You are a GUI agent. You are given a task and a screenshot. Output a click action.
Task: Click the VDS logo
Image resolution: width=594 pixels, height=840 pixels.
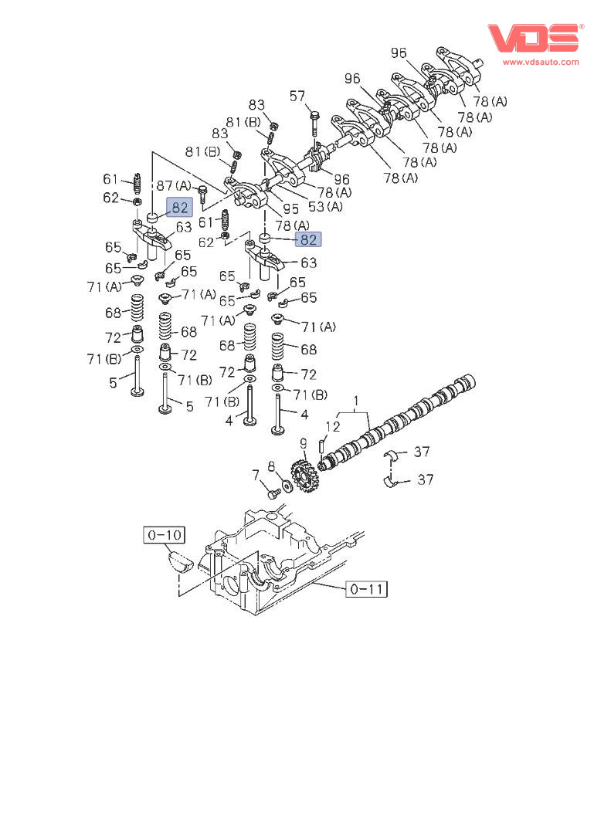tap(534, 38)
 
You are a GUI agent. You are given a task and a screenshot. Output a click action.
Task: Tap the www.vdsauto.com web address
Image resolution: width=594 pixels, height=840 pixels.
tap(541, 62)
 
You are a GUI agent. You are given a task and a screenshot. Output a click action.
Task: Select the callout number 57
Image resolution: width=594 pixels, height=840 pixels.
tap(297, 97)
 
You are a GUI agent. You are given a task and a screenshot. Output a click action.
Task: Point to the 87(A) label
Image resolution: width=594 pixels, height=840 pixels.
tap(174, 185)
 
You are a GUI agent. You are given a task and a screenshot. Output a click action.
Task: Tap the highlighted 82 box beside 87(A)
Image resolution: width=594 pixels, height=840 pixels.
tap(180, 207)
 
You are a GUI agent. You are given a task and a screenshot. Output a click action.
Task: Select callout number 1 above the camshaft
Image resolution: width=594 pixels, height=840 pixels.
tap(356, 401)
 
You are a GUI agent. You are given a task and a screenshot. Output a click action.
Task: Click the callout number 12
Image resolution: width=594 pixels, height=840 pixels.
tap(332, 426)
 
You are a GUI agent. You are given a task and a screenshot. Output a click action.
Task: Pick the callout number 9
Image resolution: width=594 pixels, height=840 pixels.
tap(304, 443)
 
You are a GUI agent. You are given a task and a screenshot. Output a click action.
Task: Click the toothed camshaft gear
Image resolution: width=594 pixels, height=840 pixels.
tap(304, 477)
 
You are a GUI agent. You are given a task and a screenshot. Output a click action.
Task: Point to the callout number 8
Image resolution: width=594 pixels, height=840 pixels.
tap(271, 466)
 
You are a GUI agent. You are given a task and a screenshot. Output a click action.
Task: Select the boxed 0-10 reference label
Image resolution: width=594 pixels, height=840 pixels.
tap(164, 533)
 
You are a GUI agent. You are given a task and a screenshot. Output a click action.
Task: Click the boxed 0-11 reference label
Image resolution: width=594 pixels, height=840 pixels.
tap(367, 590)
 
